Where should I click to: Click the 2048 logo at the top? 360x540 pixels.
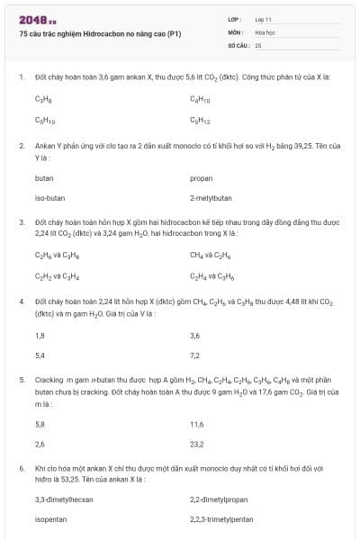(37, 19)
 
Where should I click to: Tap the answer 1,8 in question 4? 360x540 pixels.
(40, 335)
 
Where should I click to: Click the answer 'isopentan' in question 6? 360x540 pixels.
(50, 519)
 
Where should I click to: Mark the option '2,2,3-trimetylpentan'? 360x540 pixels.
(221, 519)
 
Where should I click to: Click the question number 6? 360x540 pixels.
(21, 469)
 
